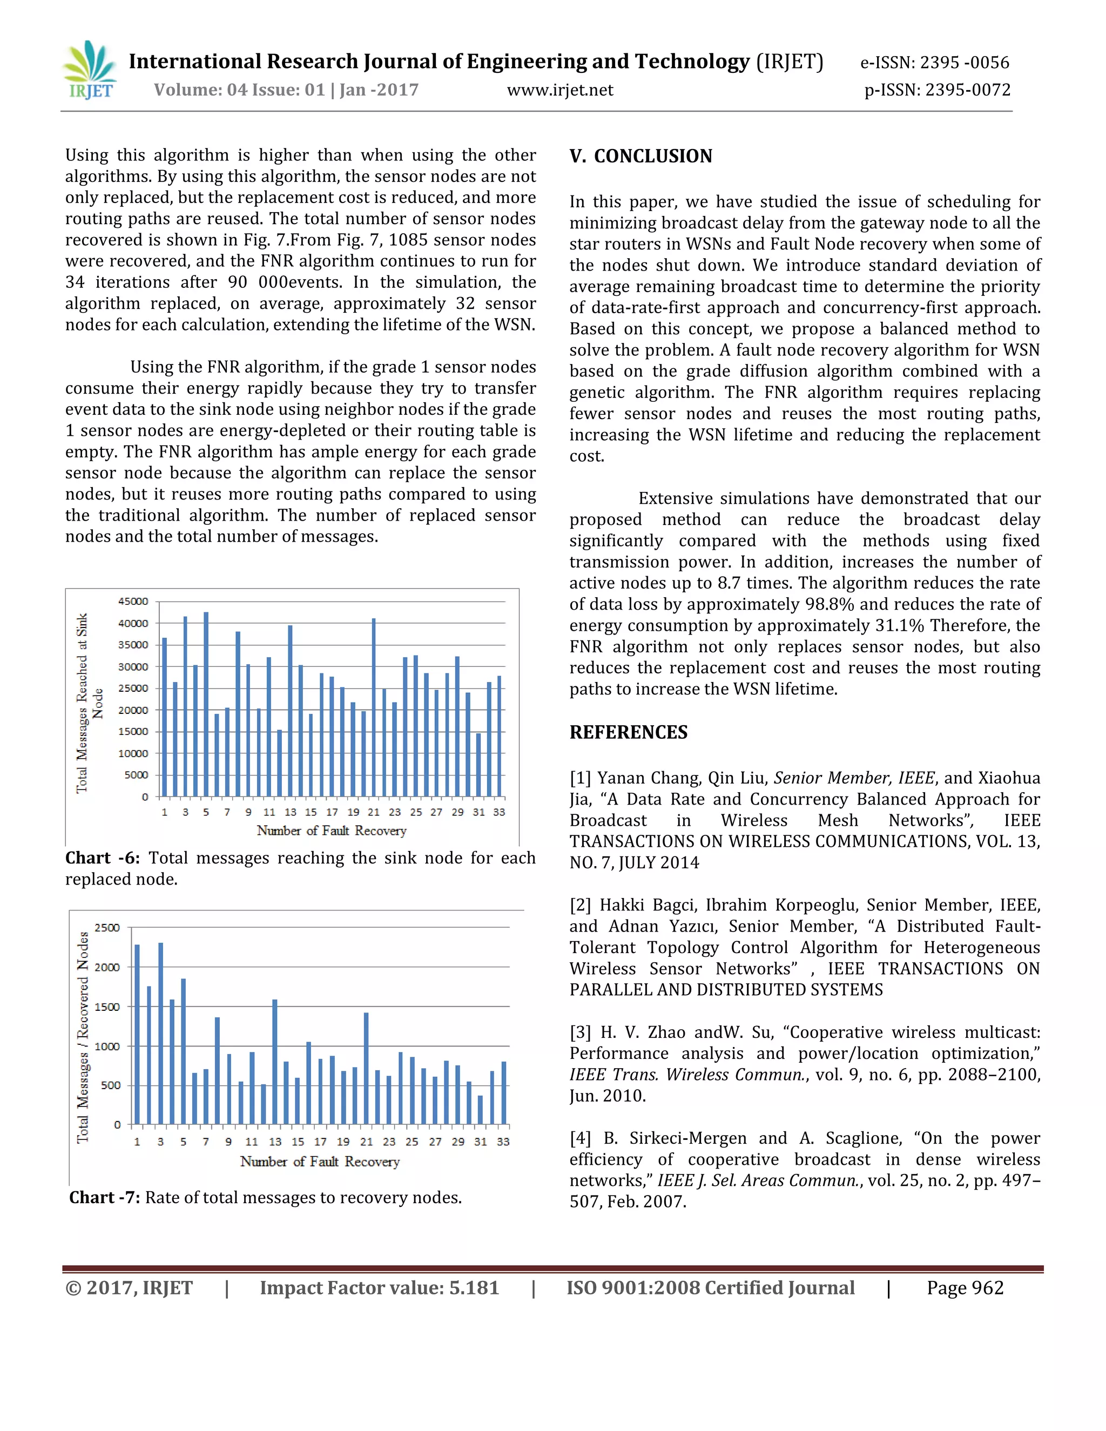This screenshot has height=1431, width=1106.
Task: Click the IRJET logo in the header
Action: [x=90, y=70]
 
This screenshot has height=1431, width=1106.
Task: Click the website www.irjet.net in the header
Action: [x=559, y=90]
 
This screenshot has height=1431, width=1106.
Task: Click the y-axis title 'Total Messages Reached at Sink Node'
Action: [x=89, y=703]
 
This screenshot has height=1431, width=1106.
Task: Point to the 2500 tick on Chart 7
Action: [x=107, y=927]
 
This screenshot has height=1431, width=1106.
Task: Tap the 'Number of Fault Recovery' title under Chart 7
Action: [x=319, y=1161]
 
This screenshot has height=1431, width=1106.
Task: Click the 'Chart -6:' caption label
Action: [x=102, y=858]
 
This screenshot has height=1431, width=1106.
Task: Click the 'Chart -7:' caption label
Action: [x=104, y=1197]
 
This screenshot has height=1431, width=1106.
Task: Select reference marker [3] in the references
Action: [x=580, y=1032]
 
